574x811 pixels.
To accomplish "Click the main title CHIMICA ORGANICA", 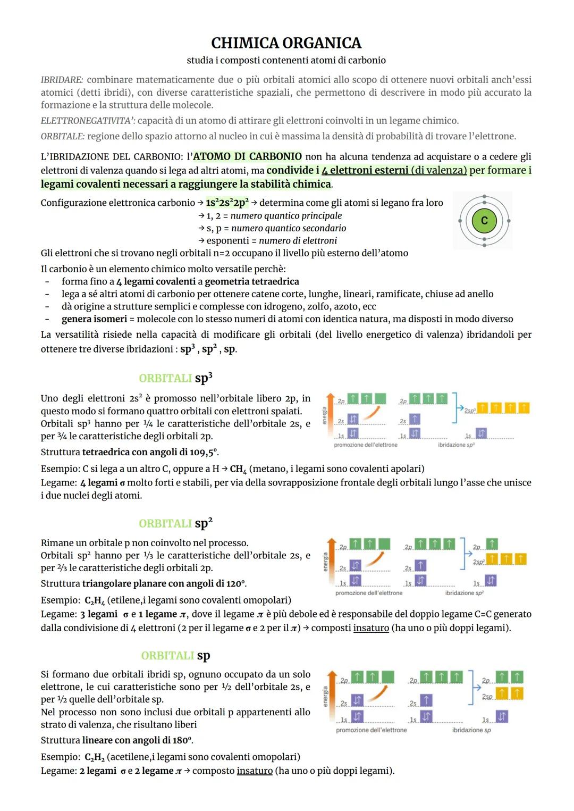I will click(286, 43).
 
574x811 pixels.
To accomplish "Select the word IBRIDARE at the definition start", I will click(62, 80).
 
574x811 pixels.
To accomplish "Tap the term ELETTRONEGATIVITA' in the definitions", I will click(88, 121).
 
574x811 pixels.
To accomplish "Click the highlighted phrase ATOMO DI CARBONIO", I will click(247, 156).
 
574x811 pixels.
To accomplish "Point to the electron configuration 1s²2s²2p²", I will click(227, 203).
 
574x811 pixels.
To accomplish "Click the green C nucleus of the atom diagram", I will click(484, 220).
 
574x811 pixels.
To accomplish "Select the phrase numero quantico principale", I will click(286, 216).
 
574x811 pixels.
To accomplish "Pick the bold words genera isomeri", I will click(94, 319).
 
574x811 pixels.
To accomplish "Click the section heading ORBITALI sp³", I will click(175, 378).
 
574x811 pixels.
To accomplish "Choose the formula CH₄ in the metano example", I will click(238, 469).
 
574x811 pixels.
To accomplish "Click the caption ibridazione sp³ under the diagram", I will click(456, 445).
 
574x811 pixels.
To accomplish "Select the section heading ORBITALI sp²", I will click(175, 523).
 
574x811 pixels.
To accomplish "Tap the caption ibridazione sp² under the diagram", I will click(464, 593).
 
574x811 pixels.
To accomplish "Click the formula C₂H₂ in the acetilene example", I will click(94, 757).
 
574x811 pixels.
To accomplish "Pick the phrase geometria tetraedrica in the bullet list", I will click(252, 282).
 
